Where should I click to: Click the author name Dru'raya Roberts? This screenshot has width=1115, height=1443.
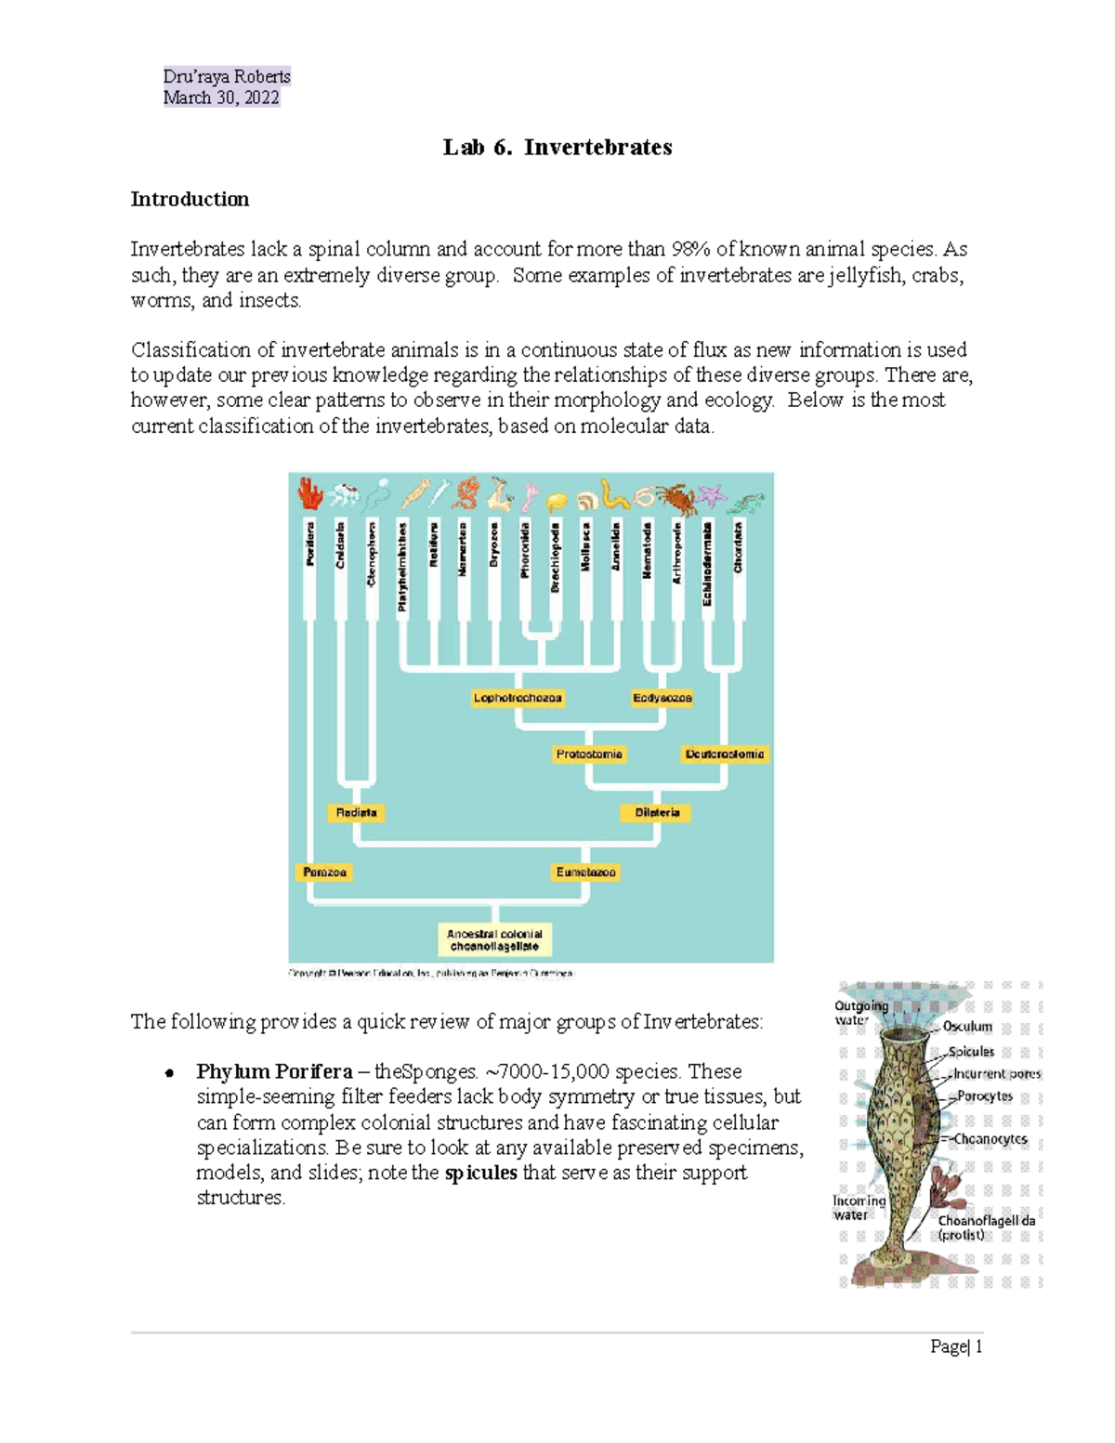click(x=227, y=76)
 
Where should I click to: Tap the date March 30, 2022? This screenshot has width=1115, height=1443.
click(x=221, y=98)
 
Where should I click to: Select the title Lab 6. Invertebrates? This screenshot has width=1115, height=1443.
click(x=557, y=147)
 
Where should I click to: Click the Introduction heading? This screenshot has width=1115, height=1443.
click(x=190, y=199)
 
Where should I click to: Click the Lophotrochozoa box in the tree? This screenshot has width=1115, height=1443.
click(x=518, y=698)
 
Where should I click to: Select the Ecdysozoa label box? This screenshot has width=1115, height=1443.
click(x=662, y=698)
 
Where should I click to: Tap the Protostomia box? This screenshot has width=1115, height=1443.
click(x=589, y=754)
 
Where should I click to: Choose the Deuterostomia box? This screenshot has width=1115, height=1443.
click(x=725, y=754)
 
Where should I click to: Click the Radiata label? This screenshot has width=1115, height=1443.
click(x=356, y=813)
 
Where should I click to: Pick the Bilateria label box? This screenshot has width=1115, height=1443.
click(x=657, y=813)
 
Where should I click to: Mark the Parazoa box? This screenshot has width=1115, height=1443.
click(x=324, y=872)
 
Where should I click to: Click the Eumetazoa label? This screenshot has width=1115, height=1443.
click(x=585, y=872)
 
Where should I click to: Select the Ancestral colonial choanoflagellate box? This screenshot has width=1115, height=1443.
click(x=494, y=939)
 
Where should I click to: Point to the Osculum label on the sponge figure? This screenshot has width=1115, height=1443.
click(x=967, y=1027)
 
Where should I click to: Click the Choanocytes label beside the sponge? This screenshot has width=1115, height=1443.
click(x=990, y=1139)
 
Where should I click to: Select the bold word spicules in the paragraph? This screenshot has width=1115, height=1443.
click(x=480, y=1173)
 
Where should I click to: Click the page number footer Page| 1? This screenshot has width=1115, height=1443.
click(x=956, y=1346)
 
